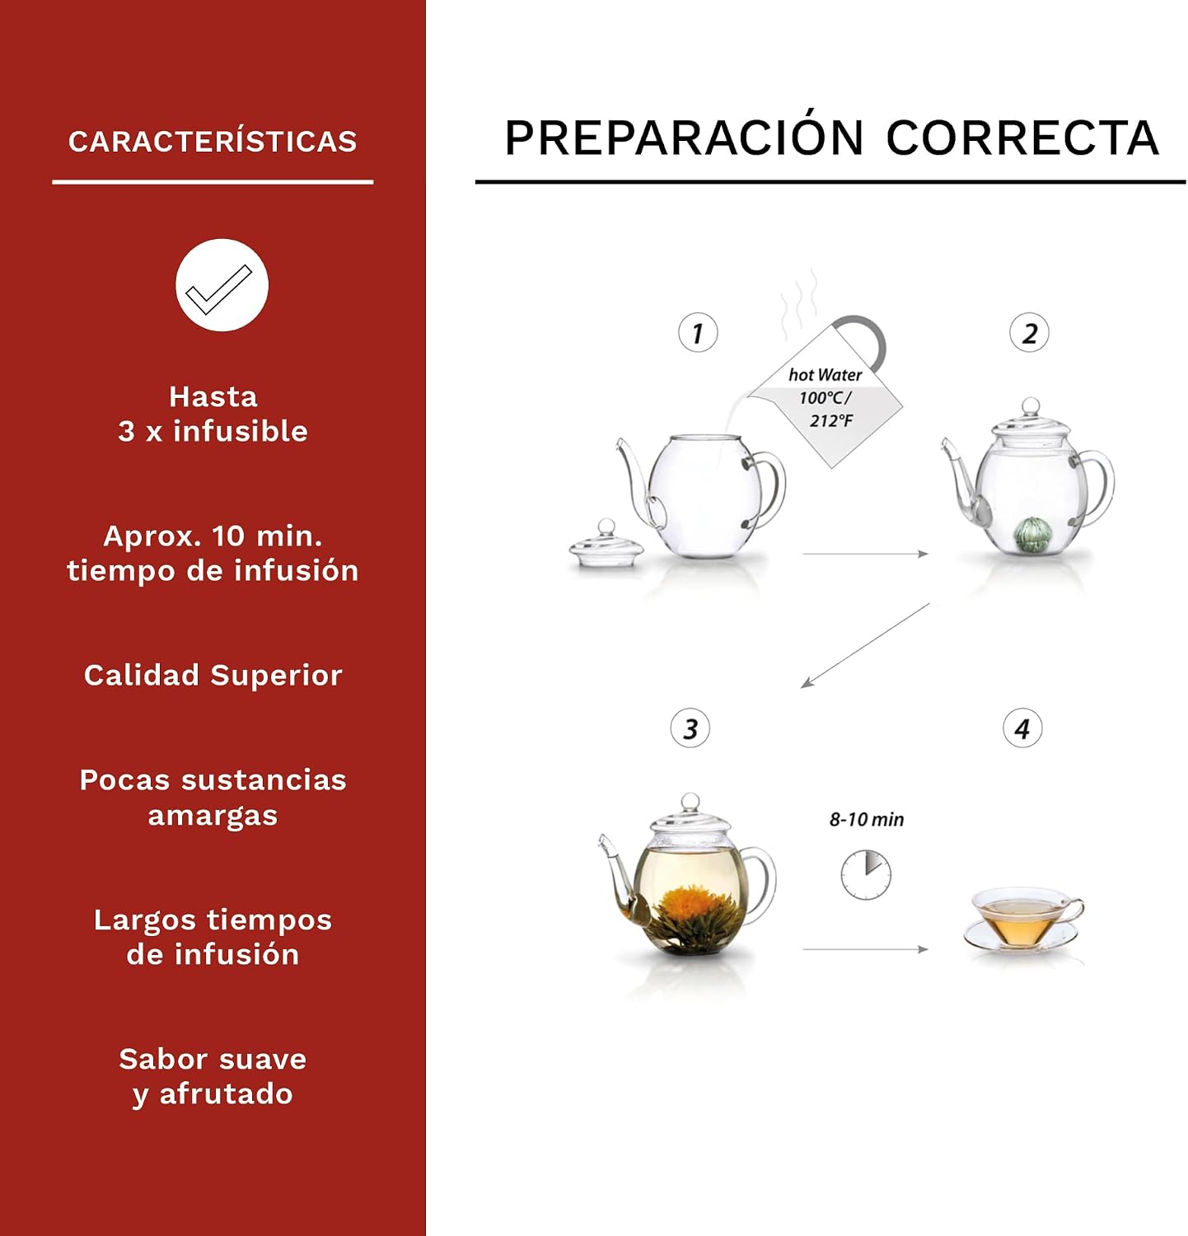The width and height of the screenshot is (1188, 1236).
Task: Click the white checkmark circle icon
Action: click(222, 285)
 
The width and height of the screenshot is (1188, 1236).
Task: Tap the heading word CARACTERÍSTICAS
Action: click(213, 141)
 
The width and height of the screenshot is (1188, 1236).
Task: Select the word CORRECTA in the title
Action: click(1022, 138)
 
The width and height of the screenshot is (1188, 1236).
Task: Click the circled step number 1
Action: click(698, 333)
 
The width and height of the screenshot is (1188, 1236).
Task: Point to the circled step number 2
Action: click(1029, 333)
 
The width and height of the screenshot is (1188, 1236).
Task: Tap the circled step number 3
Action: click(690, 728)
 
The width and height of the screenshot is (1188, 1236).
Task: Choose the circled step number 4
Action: click(1022, 728)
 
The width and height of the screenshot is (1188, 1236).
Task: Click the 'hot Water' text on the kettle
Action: click(826, 375)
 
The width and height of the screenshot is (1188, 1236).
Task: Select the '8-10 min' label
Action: click(867, 819)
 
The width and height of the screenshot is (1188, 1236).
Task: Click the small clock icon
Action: click(866, 874)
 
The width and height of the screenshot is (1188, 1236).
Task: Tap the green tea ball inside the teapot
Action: click(1031, 534)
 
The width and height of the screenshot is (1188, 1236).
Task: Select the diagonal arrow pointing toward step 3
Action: click(865, 645)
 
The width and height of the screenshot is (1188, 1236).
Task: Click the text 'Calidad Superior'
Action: click(213, 675)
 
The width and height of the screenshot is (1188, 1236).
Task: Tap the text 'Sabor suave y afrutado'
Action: click(213, 1076)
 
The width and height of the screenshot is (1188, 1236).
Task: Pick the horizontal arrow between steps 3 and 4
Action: click(866, 949)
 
